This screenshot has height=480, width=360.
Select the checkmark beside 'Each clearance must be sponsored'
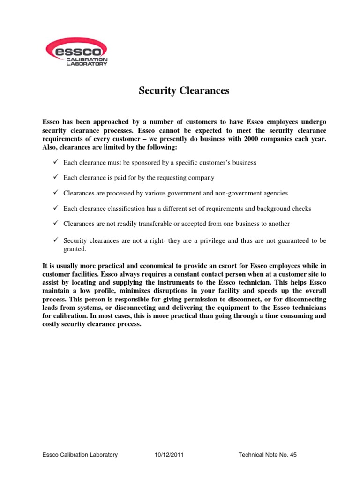point(55,162)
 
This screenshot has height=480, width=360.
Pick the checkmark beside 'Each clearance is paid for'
point(55,178)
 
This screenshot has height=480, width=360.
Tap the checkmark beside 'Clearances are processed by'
point(55,193)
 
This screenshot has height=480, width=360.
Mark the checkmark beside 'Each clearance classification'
point(55,208)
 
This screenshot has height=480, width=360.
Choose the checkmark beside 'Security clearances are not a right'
point(55,240)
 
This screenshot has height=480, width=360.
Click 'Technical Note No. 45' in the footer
point(268,455)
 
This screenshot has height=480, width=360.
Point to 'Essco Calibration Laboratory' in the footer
point(80,455)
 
